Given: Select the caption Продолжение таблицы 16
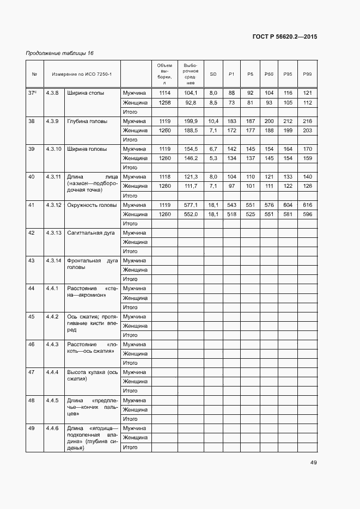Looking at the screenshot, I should [x=60, y=53].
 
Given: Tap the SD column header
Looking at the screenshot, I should [x=213, y=73].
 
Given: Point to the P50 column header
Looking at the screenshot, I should [x=269, y=73].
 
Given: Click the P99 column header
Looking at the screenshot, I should [x=307, y=73].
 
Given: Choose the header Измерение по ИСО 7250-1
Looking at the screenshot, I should [x=82, y=73].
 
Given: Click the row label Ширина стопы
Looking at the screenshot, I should [x=86, y=93].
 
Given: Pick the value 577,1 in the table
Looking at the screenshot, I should [x=191, y=205].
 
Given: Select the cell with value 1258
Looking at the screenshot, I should [x=164, y=102].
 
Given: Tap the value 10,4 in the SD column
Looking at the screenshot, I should [x=213, y=121].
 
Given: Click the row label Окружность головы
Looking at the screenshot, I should [x=91, y=205].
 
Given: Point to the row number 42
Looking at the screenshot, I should [x=32, y=232].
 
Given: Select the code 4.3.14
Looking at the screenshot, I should [x=53, y=261].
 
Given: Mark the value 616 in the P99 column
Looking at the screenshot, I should [x=307, y=205].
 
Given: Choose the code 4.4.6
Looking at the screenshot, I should [x=52, y=428].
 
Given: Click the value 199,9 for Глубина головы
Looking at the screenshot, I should [x=191, y=121].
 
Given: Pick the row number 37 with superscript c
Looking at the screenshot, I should [x=32, y=93].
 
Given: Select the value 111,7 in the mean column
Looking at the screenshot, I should [x=191, y=186].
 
